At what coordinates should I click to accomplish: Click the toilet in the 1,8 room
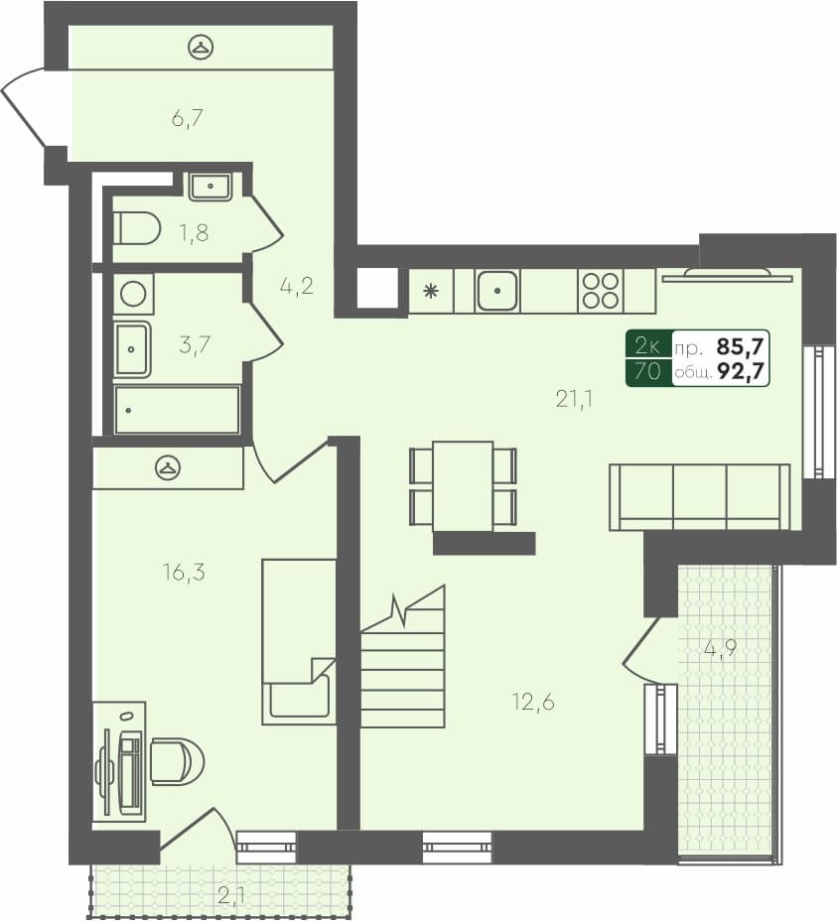[x=136, y=229]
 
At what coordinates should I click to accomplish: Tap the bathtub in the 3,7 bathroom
[x=177, y=410]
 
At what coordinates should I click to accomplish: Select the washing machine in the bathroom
[x=132, y=294]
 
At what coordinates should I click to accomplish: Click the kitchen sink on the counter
[x=496, y=291]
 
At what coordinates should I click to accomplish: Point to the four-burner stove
[x=601, y=291]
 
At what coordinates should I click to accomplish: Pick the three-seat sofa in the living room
[x=700, y=496]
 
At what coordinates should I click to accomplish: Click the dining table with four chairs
[x=463, y=486]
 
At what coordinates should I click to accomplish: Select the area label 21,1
[x=574, y=399]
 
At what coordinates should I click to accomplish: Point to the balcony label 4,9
[x=722, y=649]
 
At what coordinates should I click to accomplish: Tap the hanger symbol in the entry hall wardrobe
[x=202, y=46]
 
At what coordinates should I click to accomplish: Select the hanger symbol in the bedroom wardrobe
[x=168, y=465]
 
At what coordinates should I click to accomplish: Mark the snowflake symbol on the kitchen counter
[x=431, y=291]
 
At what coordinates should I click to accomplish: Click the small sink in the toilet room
[x=209, y=186]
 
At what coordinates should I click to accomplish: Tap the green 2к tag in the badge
[x=648, y=345]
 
